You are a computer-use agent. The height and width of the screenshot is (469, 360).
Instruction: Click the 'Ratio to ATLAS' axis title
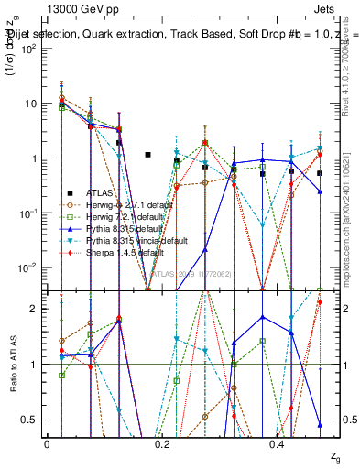[x=12, y=365]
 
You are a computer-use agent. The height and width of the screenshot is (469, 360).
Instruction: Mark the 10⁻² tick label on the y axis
[x=27, y=267]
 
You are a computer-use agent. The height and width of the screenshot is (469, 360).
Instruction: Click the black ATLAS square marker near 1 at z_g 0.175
[x=147, y=155]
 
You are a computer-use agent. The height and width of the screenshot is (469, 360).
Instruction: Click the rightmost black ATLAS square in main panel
[x=320, y=173]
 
